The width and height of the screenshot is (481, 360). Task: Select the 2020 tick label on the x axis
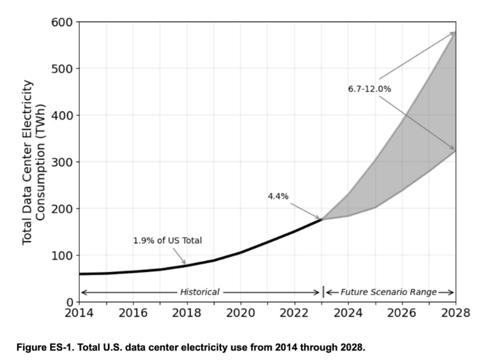(240, 314)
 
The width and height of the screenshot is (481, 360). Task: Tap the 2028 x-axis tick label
(455, 314)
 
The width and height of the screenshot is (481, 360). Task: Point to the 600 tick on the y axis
(63, 22)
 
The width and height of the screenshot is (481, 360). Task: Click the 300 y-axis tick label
(63, 162)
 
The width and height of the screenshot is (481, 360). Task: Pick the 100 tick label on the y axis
(63, 255)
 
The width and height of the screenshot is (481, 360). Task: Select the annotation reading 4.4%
(278, 197)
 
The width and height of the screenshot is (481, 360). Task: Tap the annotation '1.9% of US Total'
(167, 241)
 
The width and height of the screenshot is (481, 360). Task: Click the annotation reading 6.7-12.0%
(369, 89)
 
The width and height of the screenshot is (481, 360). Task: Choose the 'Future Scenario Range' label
(388, 292)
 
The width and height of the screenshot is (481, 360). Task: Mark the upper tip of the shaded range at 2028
(454, 32)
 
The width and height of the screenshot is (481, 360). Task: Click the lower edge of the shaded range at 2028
(454, 151)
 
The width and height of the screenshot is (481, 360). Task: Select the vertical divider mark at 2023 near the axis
(323, 292)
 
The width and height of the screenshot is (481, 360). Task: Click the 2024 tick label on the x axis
(347, 314)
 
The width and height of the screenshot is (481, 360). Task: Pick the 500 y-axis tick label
(63, 69)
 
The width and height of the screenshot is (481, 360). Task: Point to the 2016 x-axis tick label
(133, 314)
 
